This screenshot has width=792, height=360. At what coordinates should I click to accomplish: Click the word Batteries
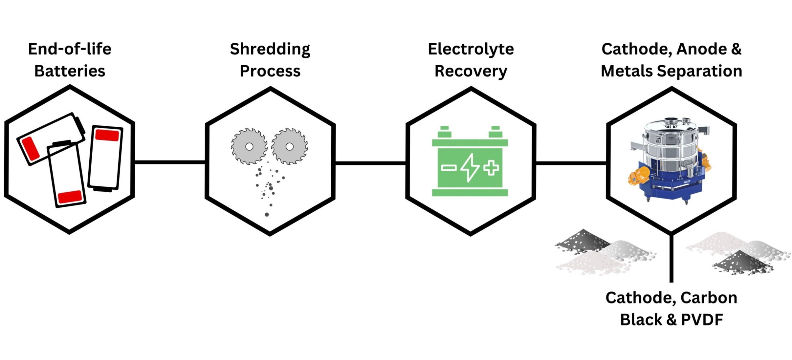pos(70,71)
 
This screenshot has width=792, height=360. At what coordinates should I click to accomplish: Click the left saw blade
pos(249,146)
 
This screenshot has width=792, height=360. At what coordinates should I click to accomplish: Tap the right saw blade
pos(289,146)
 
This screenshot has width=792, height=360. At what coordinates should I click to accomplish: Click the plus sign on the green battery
pos(491,168)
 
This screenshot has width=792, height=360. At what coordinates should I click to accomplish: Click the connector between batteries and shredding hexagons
pos(170,162)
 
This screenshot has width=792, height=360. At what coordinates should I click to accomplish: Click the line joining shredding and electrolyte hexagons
pos(370,163)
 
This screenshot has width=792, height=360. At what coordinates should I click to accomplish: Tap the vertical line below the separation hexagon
pos(671,258)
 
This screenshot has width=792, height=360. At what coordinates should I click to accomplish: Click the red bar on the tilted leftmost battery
pos(30,149)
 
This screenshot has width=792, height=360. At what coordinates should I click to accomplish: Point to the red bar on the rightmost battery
pos(107,135)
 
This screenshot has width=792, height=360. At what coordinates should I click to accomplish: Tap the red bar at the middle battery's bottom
pos(70,197)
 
